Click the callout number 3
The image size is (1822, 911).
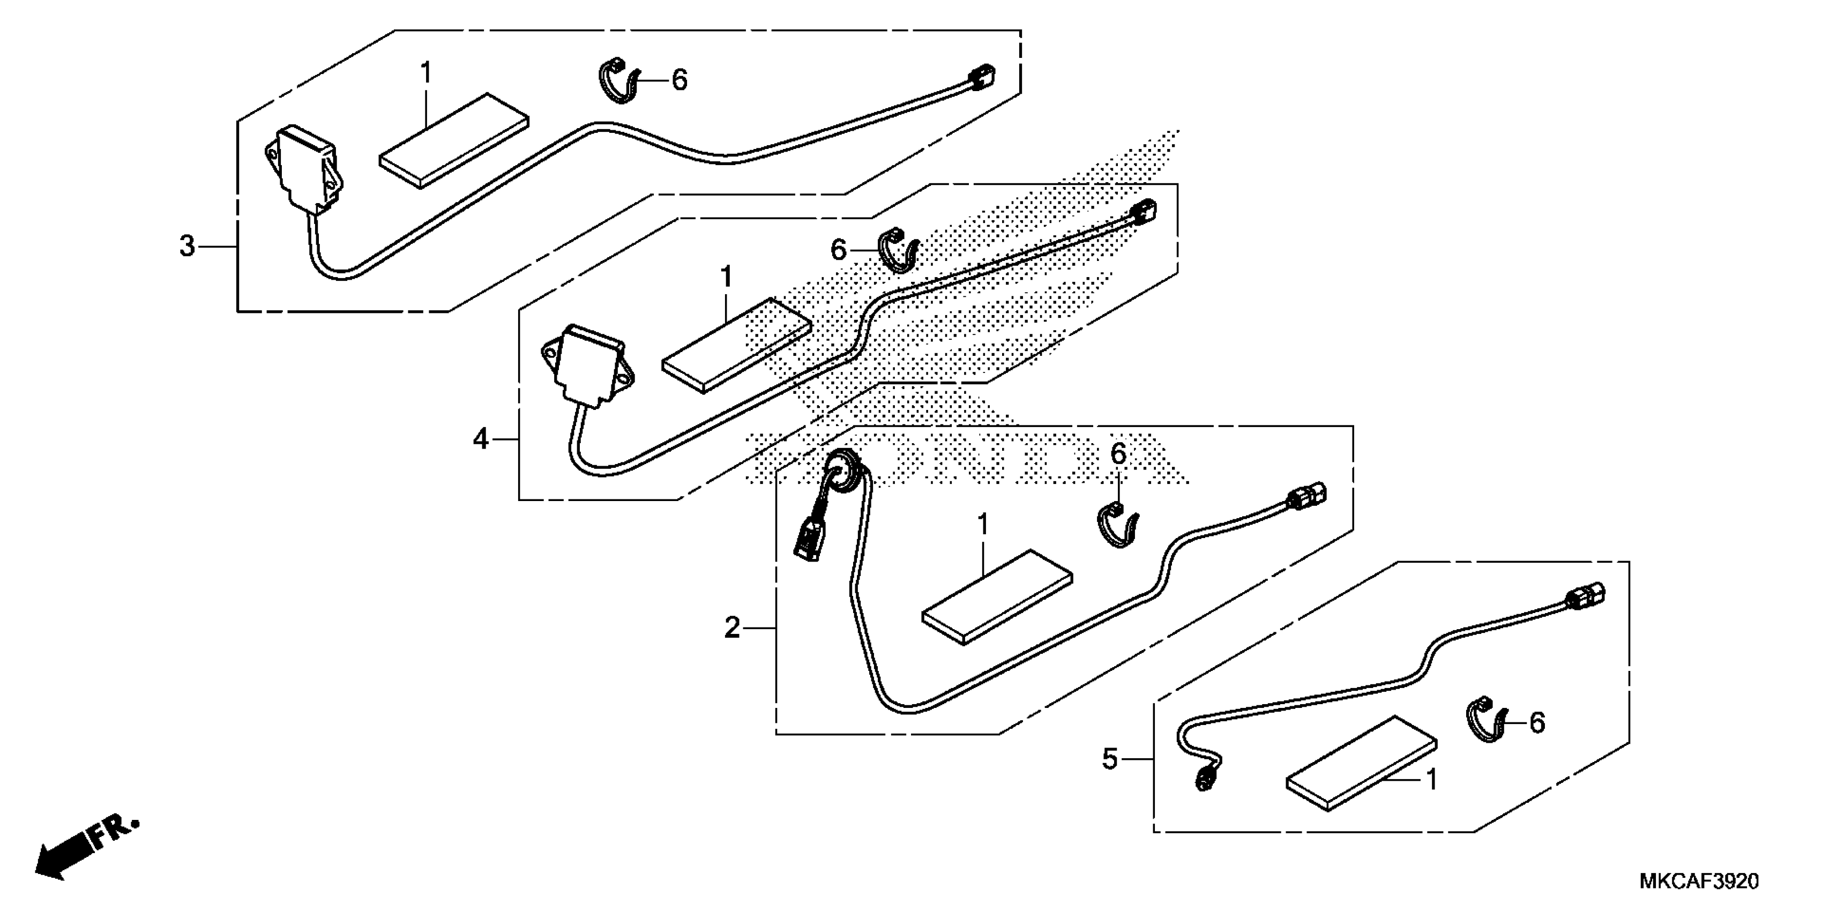(x=186, y=246)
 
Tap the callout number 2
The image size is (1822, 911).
(x=732, y=628)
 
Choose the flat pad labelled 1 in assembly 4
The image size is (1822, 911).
(x=736, y=345)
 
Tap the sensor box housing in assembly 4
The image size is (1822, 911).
(x=586, y=365)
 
